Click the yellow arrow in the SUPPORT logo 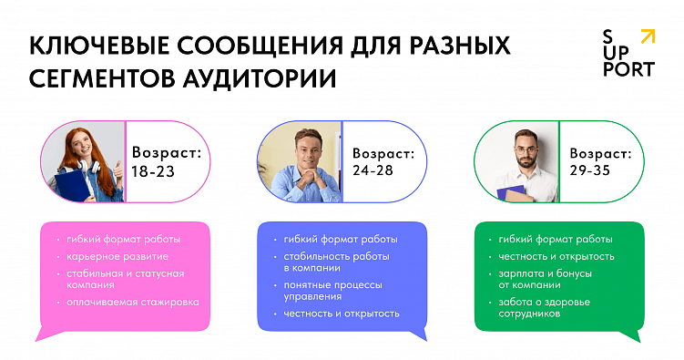point(647,36)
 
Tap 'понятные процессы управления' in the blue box point(332,291)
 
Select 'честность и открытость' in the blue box point(342,314)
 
